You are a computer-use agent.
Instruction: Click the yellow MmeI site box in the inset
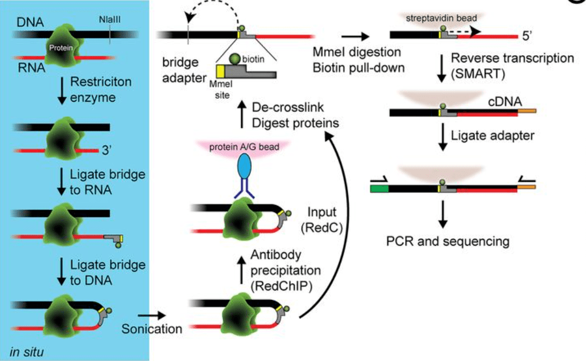pyautogui.click(x=220, y=72)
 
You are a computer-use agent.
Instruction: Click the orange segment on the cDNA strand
pyautogui.click(x=526, y=113)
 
